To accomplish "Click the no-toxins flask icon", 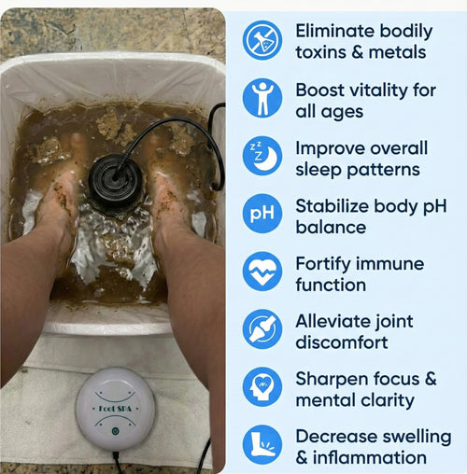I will tap(262, 40).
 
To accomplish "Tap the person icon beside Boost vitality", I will tap(262, 98).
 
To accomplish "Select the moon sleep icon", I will tap(262, 156).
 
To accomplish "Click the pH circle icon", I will tap(262, 214).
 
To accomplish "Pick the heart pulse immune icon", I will tap(262, 272).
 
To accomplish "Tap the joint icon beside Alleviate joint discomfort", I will tap(262, 329).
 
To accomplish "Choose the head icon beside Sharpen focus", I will tap(262, 387).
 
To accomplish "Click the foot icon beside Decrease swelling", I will tap(262, 445).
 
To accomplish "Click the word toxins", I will tap(323, 52).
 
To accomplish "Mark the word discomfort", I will tap(342, 342).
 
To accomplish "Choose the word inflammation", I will tap(371, 458).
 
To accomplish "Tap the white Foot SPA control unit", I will tap(114, 409).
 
